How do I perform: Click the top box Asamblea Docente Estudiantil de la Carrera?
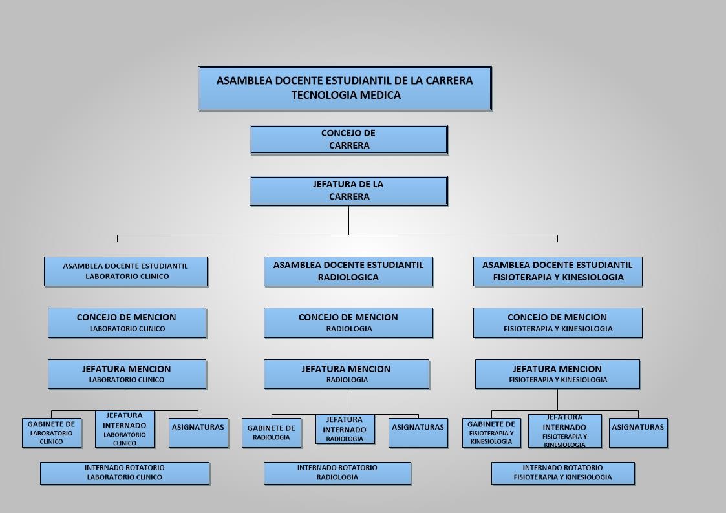[345, 89]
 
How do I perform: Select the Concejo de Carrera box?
[348, 140]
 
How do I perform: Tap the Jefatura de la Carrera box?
[348, 191]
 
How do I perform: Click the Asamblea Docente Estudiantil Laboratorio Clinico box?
[126, 271]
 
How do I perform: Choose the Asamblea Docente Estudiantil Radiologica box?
[348, 271]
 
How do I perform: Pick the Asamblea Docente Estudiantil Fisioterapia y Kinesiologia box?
[558, 271]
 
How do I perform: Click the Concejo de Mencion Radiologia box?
[348, 323]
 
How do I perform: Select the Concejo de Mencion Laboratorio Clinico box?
[127, 323]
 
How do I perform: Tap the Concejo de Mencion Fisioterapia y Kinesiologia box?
[558, 323]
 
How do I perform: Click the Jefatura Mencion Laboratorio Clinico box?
[127, 374]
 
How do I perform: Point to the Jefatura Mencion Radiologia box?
[347, 374]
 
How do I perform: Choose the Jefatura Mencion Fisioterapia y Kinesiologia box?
[557, 374]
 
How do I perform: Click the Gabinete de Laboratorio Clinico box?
[52, 433]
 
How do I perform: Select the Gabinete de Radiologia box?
[272, 433]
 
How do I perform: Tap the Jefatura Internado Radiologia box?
[345, 429]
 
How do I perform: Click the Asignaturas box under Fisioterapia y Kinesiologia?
[639, 433]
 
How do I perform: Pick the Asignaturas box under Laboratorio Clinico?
[198, 433]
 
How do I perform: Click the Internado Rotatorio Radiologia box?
[337, 473]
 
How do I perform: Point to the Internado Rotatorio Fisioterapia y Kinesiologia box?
[563, 473]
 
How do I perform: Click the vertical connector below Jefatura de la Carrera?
[348, 220]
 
